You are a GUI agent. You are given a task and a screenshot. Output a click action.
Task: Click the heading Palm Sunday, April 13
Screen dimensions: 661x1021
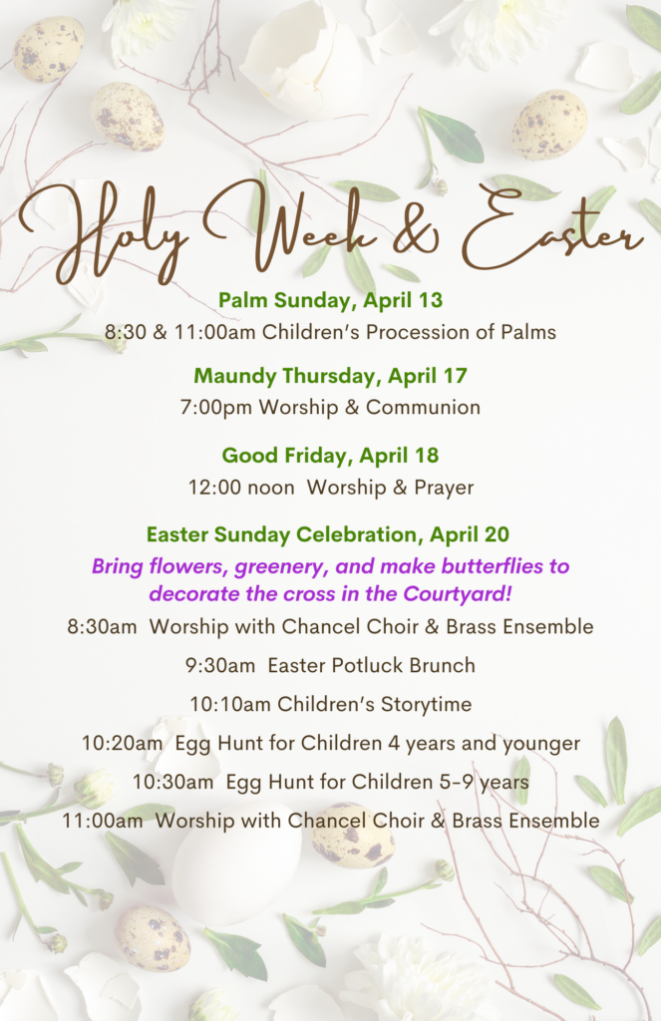tap(330, 300)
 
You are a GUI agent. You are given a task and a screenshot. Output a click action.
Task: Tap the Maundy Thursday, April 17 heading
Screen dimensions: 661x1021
tap(330, 376)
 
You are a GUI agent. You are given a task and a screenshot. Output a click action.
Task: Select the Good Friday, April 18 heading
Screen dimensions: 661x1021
tap(330, 455)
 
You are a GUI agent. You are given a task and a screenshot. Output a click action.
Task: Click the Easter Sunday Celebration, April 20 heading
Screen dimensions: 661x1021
tap(328, 534)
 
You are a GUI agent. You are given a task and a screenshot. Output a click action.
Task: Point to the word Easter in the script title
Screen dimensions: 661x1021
tap(552, 229)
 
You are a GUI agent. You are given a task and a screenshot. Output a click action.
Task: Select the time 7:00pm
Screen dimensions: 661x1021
tap(216, 408)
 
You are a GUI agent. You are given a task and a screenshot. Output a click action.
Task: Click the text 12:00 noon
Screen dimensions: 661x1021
tap(241, 487)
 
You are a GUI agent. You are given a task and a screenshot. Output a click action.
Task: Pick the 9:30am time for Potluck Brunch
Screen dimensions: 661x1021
tap(220, 665)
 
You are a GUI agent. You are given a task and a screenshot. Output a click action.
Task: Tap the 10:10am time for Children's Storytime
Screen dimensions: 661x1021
tap(230, 705)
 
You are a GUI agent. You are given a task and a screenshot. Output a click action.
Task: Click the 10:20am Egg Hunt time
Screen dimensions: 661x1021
tap(122, 744)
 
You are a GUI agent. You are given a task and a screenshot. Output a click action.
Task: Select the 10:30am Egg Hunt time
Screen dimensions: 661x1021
tap(172, 782)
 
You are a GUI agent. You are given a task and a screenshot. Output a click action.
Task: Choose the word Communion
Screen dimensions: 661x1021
tap(423, 408)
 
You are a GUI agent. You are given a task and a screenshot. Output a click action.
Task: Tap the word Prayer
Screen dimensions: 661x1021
tap(444, 488)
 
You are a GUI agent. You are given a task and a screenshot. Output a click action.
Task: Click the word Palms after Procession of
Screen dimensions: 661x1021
tap(528, 332)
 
